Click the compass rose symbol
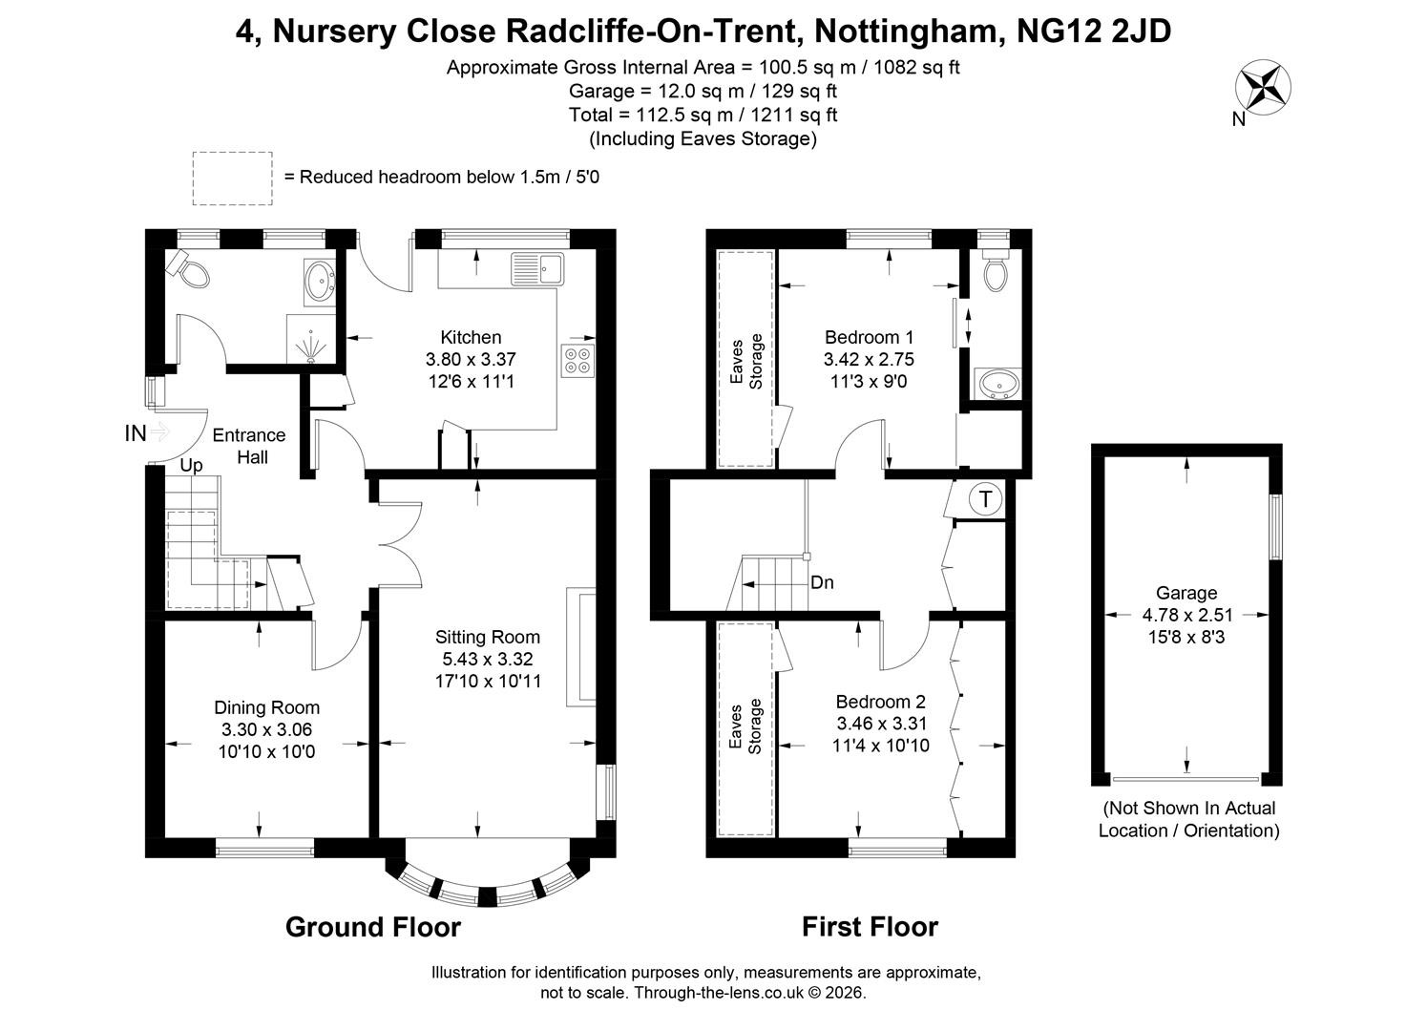(1263, 87)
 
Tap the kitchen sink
(538, 269)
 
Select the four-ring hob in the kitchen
(578, 361)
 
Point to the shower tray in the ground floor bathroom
(311, 340)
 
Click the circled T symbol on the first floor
(985, 500)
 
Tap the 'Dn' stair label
(822, 582)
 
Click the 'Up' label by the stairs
(192, 466)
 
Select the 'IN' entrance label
(136, 433)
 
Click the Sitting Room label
(488, 638)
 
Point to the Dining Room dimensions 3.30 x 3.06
(266, 729)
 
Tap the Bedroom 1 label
(869, 338)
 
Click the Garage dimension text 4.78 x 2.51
(1187, 615)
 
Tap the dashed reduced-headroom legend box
(233, 179)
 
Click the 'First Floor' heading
(870, 927)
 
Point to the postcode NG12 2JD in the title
(1094, 31)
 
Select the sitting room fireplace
(581, 646)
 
